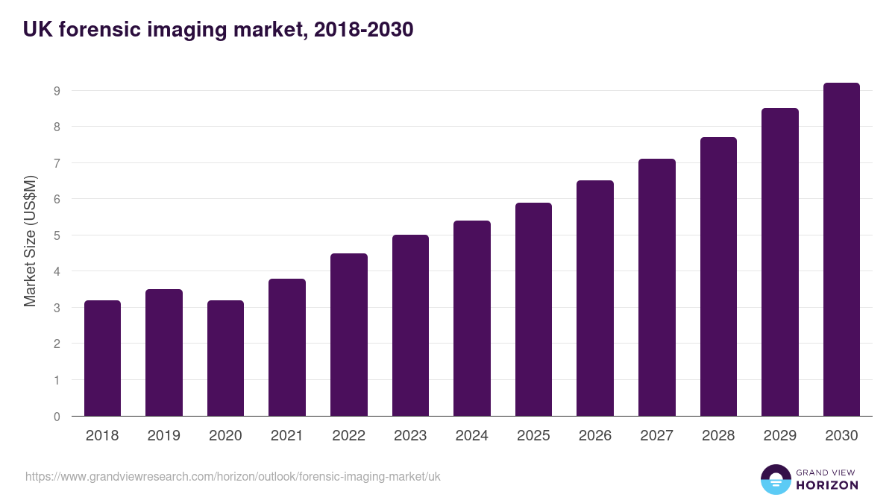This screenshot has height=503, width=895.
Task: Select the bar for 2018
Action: (x=102, y=358)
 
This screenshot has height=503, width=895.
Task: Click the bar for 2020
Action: (x=225, y=358)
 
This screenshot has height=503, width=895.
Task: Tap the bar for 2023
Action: (x=410, y=326)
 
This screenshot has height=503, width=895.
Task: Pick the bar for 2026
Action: (x=595, y=298)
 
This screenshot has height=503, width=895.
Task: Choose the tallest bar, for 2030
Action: (x=841, y=250)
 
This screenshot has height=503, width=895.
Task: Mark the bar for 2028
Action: (x=718, y=276)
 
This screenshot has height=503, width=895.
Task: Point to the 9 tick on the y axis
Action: (x=57, y=91)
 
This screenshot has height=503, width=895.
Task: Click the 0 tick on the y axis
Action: (x=57, y=417)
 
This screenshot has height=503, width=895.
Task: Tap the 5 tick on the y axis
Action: (x=57, y=235)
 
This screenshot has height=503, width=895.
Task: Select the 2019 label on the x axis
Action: (x=164, y=436)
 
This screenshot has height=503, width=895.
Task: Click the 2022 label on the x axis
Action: (x=348, y=436)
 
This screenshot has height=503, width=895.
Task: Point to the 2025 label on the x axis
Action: (x=533, y=436)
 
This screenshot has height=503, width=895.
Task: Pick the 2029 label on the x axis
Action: (x=779, y=436)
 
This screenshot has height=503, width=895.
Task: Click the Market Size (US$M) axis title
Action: (x=30, y=240)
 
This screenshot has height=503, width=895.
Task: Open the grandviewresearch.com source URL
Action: (x=233, y=476)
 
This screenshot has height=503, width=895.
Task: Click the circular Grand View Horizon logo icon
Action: (x=775, y=479)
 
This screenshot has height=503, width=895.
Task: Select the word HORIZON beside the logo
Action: (x=826, y=485)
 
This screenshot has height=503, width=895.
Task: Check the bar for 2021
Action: (x=287, y=347)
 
